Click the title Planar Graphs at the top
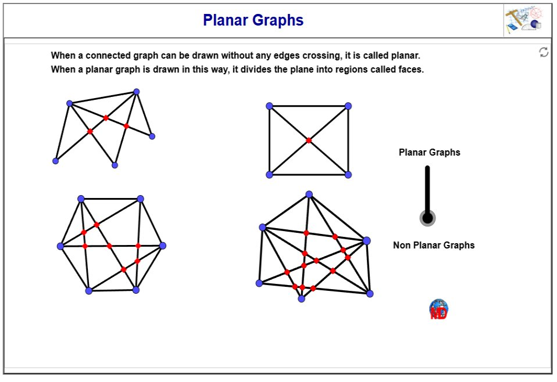click(x=253, y=20)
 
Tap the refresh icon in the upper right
click(x=544, y=52)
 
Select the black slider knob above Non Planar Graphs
click(x=428, y=218)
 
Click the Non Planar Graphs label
click(x=434, y=245)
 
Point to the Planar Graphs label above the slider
click(x=429, y=152)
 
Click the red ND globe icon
click(x=439, y=310)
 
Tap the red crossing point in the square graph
click(x=309, y=140)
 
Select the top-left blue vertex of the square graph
click(x=269, y=106)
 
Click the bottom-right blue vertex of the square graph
click(x=348, y=175)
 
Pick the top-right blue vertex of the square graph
click(x=348, y=106)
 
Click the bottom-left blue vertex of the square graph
click(x=269, y=175)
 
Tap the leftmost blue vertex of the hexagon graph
click(x=60, y=246)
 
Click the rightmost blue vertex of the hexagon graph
click(x=163, y=246)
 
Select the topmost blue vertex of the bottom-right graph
click(x=309, y=194)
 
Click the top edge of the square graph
click(x=309, y=106)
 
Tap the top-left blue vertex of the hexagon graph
click(x=81, y=199)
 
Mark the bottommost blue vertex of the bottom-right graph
click(x=301, y=299)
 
